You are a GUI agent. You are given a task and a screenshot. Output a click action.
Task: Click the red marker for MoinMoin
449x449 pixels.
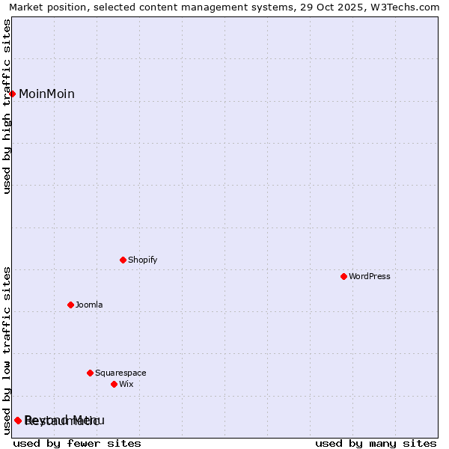(13, 94)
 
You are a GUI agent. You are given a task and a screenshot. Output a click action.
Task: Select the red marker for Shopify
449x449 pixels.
(123, 260)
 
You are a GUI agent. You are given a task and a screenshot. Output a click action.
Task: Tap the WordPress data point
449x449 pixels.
(344, 277)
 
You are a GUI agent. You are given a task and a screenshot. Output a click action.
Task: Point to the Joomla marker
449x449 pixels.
(71, 305)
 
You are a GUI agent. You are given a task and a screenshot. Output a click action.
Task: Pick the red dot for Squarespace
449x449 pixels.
(91, 373)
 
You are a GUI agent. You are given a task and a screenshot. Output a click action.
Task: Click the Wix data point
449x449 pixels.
(114, 384)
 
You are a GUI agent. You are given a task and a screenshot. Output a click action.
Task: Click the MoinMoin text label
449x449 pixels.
(46, 94)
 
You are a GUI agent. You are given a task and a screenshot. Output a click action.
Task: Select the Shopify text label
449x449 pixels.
(142, 260)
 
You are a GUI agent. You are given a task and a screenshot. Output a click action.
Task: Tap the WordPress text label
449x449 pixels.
(370, 277)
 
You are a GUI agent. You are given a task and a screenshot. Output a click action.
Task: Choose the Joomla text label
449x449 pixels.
(89, 305)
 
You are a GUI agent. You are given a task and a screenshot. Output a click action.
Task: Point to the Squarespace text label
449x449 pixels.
(120, 373)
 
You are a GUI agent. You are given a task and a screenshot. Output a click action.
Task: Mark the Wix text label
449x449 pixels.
(126, 385)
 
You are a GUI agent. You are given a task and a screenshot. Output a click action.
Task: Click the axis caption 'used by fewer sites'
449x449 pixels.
(77, 443)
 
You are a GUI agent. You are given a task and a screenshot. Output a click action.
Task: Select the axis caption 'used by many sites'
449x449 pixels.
(376, 443)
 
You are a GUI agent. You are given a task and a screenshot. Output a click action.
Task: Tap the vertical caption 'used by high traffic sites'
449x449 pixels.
(7, 107)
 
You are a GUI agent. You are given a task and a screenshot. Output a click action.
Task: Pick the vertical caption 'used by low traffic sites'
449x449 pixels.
(7, 350)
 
